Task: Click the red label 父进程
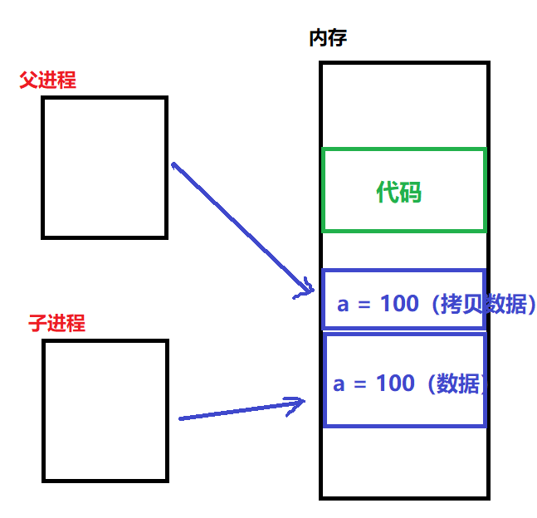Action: (x=47, y=81)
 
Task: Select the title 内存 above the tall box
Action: (x=328, y=38)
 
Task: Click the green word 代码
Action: (x=399, y=193)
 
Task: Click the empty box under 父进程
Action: (x=105, y=167)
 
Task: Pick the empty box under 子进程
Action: (x=105, y=410)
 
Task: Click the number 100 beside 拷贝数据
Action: (x=399, y=304)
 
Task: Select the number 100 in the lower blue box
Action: (x=394, y=383)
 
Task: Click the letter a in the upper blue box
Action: (x=344, y=304)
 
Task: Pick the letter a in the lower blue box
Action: (x=339, y=384)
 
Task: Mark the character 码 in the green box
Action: (x=411, y=193)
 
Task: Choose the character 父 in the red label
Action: (x=28, y=81)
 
